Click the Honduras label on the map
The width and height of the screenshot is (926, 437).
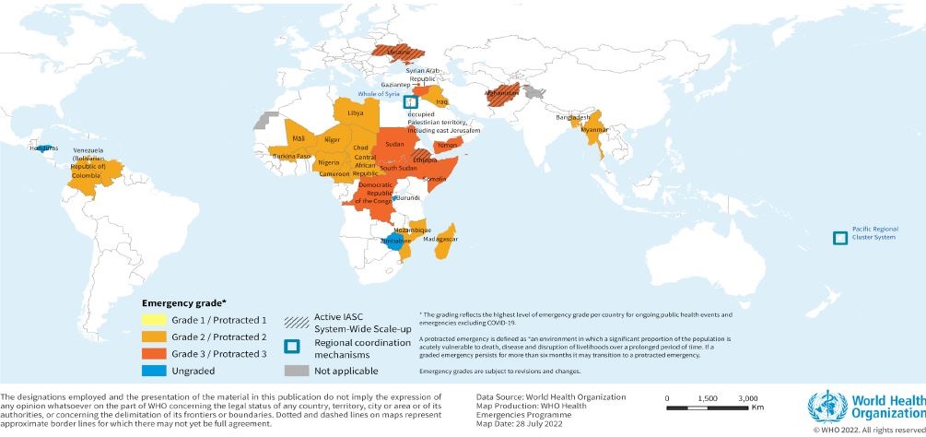[42, 148]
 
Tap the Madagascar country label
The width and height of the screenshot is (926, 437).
[440, 239]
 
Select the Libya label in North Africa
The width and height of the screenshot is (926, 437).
[356, 112]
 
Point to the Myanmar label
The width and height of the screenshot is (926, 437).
[595, 130]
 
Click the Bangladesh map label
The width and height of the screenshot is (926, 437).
[572, 118]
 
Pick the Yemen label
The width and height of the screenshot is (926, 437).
[448, 146]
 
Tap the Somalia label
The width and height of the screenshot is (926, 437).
[434, 178]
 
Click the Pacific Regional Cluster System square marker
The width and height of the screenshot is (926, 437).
[839, 238]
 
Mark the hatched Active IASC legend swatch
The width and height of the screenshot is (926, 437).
[297, 319]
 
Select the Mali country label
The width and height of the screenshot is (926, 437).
[298, 137]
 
